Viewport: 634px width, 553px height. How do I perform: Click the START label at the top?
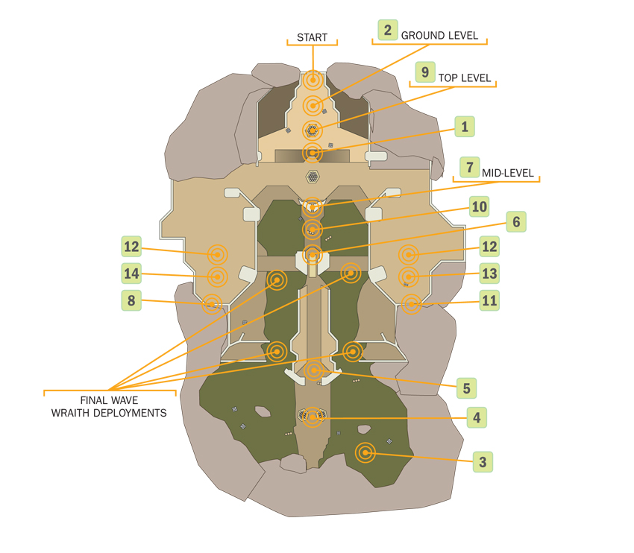click(x=312, y=37)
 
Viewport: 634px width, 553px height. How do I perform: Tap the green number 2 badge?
click(x=388, y=30)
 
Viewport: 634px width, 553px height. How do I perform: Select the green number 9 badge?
click(x=425, y=72)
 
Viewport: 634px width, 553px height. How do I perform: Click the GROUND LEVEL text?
click(x=439, y=36)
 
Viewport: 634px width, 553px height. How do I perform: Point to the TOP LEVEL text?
click(x=465, y=78)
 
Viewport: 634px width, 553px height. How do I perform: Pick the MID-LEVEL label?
click(x=507, y=174)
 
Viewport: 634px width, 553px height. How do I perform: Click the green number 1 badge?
click(x=465, y=127)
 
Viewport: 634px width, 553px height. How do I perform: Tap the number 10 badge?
click(x=479, y=207)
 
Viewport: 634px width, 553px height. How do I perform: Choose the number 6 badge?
click(x=516, y=222)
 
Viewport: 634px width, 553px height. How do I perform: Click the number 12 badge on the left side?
click(x=131, y=247)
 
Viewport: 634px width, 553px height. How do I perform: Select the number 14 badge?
click(x=131, y=274)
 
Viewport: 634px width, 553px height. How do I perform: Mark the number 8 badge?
click(x=131, y=300)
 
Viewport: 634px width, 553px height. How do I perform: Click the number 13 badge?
click(x=489, y=274)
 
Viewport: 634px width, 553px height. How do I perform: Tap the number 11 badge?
click(x=489, y=300)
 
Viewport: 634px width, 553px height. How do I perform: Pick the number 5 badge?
click(x=466, y=388)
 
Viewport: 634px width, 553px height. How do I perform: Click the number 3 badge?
click(x=483, y=462)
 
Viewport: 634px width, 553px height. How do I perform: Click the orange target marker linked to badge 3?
click(x=365, y=452)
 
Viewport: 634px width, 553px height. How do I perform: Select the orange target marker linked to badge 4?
click(x=313, y=417)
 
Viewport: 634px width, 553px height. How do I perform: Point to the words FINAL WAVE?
click(x=109, y=400)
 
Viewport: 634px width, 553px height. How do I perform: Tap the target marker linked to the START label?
click(x=313, y=80)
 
